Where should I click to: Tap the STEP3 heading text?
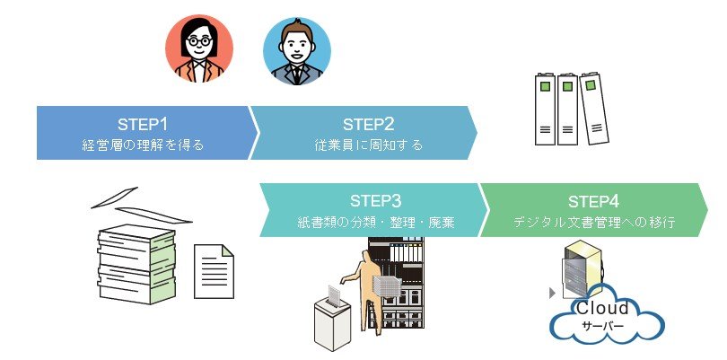tap(375, 200)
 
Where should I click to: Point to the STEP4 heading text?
tap(594, 200)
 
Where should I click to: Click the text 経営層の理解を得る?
tap(143, 145)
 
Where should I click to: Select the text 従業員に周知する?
tap(368, 145)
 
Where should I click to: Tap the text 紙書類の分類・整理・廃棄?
tap(375, 221)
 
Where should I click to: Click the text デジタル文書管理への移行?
tap(594, 221)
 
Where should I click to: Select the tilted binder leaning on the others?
tap(594, 110)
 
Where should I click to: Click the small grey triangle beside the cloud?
tap(550, 293)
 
